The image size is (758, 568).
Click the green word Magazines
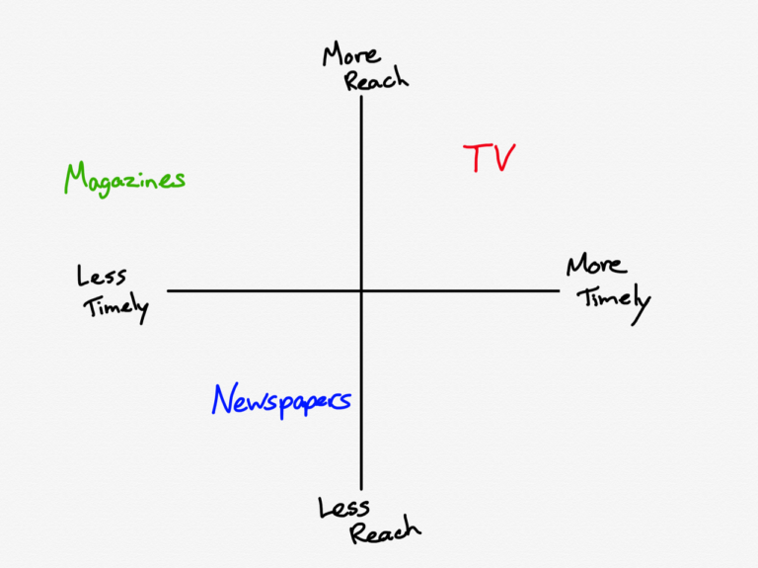(x=124, y=180)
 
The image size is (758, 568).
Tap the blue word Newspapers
(x=281, y=401)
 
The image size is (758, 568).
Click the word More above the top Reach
(x=351, y=54)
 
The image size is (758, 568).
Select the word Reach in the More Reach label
(x=377, y=79)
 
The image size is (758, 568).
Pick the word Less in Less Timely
(x=102, y=276)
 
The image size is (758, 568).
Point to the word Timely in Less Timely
(x=116, y=307)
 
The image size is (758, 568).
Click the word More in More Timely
(x=596, y=264)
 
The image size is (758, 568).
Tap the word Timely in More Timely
(x=615, y=302)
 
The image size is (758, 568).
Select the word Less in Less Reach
(x=343, y=508)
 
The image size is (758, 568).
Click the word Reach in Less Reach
(x=385, y=531)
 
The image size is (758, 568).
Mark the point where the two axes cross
(x=361, y=290)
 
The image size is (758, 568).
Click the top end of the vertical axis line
(x=361, y=96)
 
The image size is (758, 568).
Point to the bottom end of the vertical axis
(x=361, y=490)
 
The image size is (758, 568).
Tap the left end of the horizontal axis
(x=167, y=290)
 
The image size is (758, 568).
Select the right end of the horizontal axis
(x=560, y=290)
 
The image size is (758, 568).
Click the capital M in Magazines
(x=76, y=178)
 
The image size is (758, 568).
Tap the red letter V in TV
(x=503, y=157)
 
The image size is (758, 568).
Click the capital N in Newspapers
(x=224, y=399)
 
